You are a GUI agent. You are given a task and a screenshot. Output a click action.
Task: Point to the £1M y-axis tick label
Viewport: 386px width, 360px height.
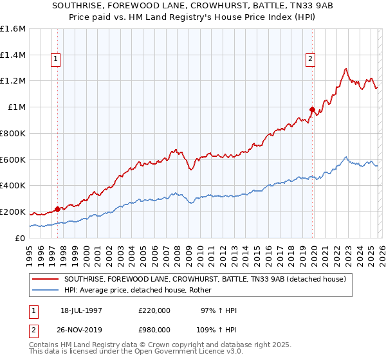click(x=17, y=107)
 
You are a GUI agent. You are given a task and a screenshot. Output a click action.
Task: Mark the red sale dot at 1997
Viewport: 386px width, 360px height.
click(x=57, y=208)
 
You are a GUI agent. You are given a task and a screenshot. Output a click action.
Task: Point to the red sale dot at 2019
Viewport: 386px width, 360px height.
click(x=312, y=109)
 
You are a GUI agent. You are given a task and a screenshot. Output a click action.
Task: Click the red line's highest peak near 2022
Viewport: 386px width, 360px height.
click(x=346, y=69)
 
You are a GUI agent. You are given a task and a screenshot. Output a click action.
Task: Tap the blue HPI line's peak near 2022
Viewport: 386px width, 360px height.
click(x=346, y=157)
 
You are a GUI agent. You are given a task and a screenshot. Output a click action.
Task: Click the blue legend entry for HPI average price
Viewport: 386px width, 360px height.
click(x=142, y=291)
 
